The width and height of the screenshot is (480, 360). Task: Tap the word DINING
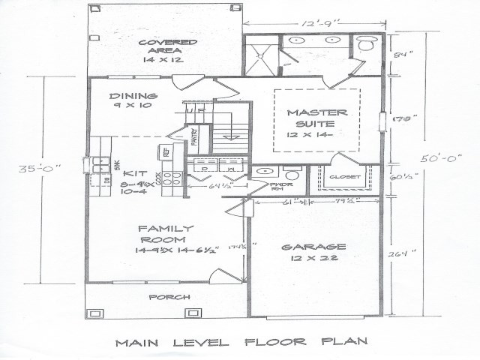pos(133,96)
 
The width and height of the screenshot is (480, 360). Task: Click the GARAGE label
pos(313,247)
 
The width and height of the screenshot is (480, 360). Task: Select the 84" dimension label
pos(406,54)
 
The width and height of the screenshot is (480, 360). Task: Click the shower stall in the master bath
pos(262,52)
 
